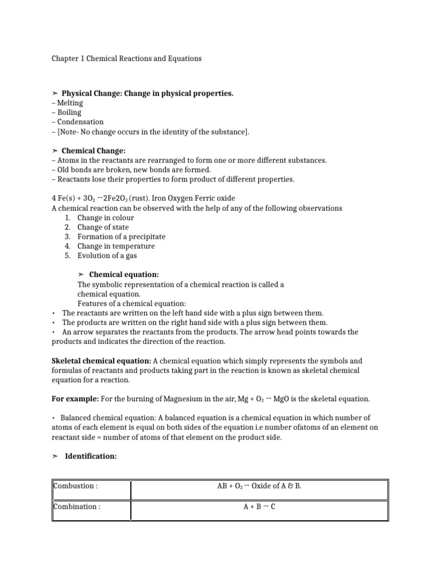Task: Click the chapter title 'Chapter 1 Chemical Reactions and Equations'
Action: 126,59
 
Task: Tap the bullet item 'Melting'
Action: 69,103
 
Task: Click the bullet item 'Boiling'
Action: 69,113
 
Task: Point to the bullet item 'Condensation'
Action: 79,122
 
